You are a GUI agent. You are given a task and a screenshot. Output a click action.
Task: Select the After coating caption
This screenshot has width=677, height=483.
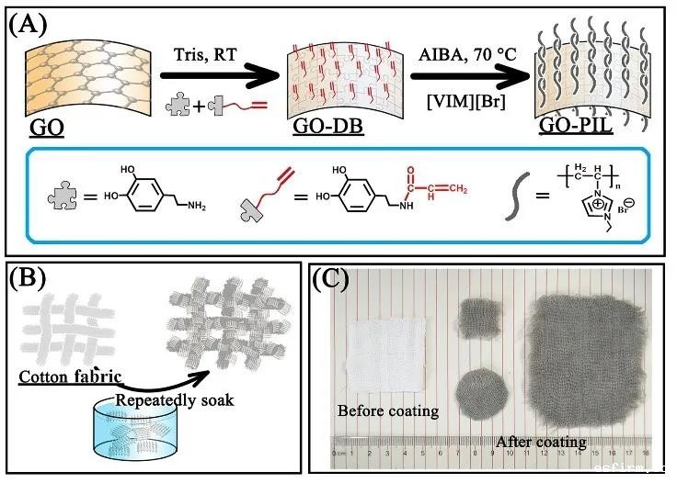coord(541,442)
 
